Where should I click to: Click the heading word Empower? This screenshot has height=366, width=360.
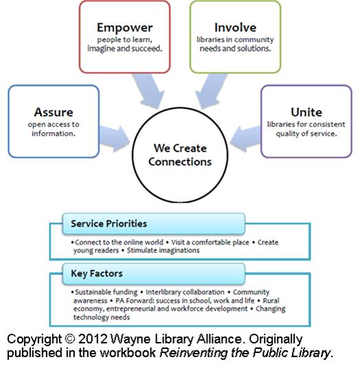click(124, 28)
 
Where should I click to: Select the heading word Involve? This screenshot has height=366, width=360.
click(236, 27)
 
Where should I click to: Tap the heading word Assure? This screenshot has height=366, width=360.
click(54, 113)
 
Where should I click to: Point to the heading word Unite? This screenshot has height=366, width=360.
click(306, 113)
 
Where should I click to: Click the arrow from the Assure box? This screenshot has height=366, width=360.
click(115, 139)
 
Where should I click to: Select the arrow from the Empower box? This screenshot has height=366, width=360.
click(148, 91)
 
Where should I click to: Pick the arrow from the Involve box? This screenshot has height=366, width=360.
click(211, 91)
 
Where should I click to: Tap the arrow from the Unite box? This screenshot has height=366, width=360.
click(245, 139)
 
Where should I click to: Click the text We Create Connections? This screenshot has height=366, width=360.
click(180, 155)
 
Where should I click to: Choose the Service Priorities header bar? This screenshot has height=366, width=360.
click(154, 224)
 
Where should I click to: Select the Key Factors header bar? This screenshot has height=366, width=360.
click(154, 273)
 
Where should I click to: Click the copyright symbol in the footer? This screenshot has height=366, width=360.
click(69, 339)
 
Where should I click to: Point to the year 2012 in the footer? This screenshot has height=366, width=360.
click(93, 339)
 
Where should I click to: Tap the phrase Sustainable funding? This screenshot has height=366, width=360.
click(106, 293)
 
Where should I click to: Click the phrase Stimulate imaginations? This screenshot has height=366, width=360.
click(164, 251)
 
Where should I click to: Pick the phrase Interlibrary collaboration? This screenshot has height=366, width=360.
click(185, 293)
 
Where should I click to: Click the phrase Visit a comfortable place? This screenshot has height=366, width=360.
click(210, 242)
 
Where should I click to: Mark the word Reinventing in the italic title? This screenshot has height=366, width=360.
click(193, 353)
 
